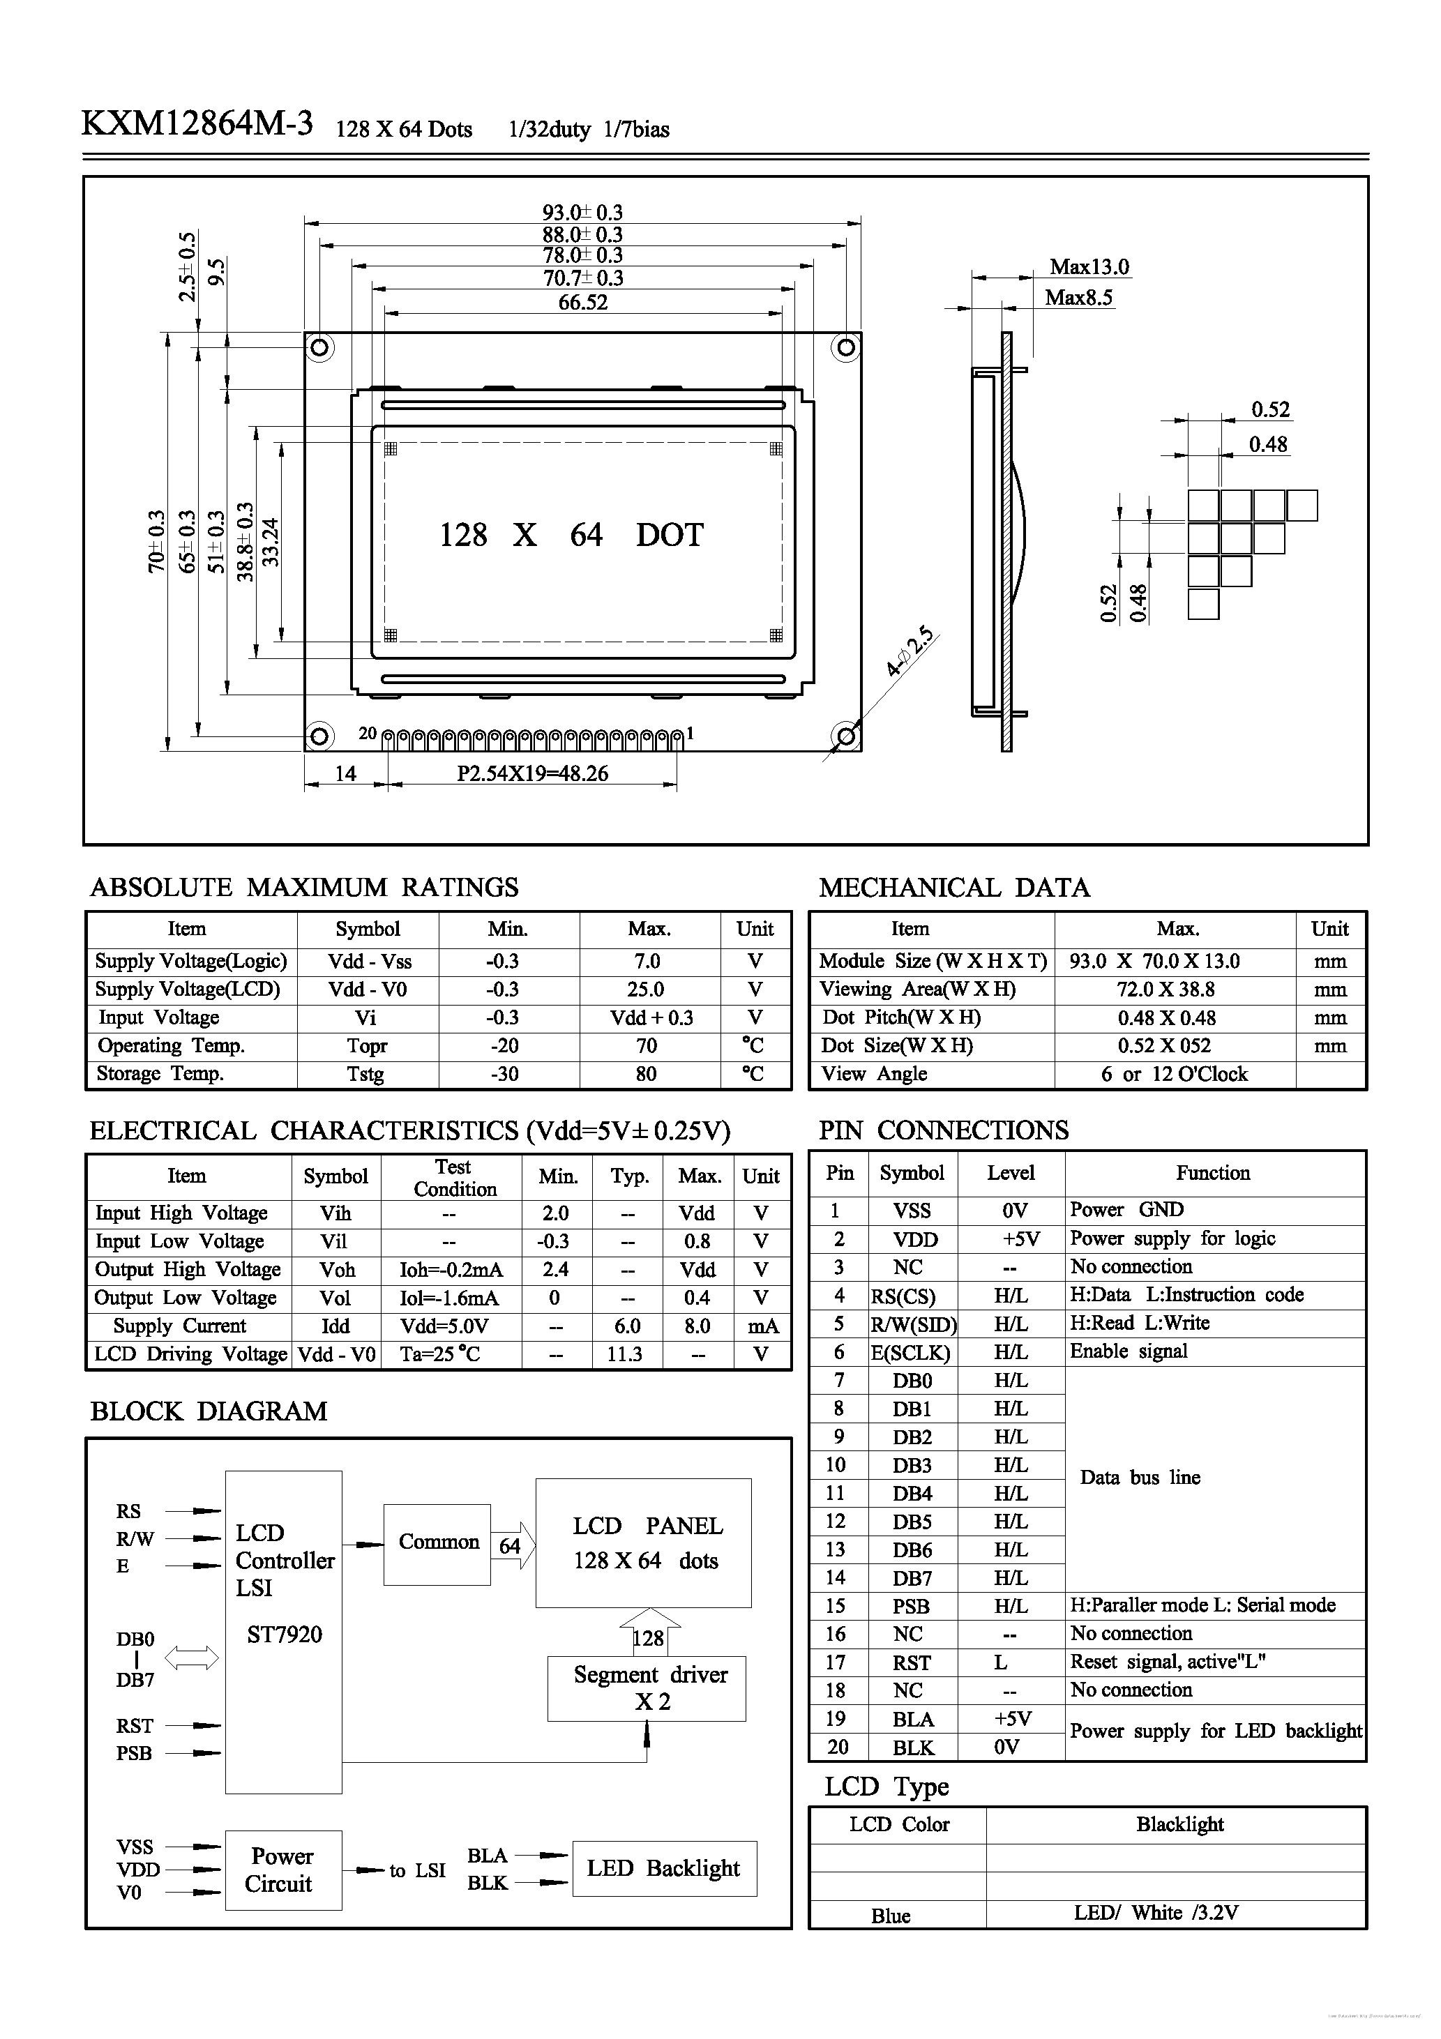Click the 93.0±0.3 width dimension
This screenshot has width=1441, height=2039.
click(583, 212)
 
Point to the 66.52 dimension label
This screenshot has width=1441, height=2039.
click(583, 303)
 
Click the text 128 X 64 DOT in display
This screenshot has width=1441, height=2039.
click(571, 535)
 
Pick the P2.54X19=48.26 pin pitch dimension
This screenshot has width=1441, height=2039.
click(532, 773)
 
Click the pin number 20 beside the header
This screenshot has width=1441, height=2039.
click(368, 734)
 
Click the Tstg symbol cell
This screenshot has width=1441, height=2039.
click(366, 1074)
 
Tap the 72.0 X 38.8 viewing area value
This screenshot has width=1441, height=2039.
click(1165, 990)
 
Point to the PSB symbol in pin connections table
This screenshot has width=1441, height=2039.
click(912, 1606)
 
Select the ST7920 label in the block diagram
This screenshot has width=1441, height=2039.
click(285, 1634)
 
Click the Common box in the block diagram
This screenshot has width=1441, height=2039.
click(438, 1542)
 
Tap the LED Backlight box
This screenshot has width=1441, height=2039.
click(663, 1868)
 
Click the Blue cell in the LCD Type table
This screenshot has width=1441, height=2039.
click(891, 1916)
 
